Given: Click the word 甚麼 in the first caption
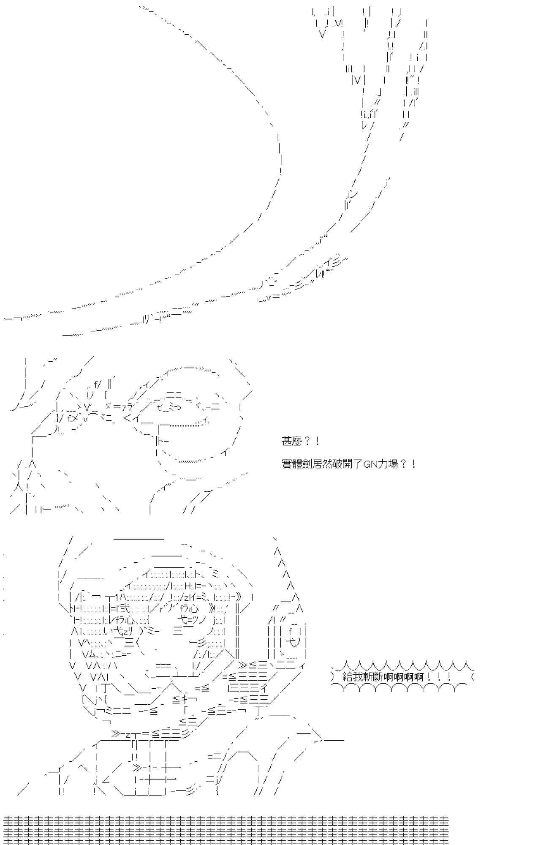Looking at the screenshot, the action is point(292,442).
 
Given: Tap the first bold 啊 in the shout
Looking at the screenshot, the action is point(389,676).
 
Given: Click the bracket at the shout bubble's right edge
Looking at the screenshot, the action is point(472,676).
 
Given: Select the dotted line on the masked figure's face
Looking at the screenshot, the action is point(182,426).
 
